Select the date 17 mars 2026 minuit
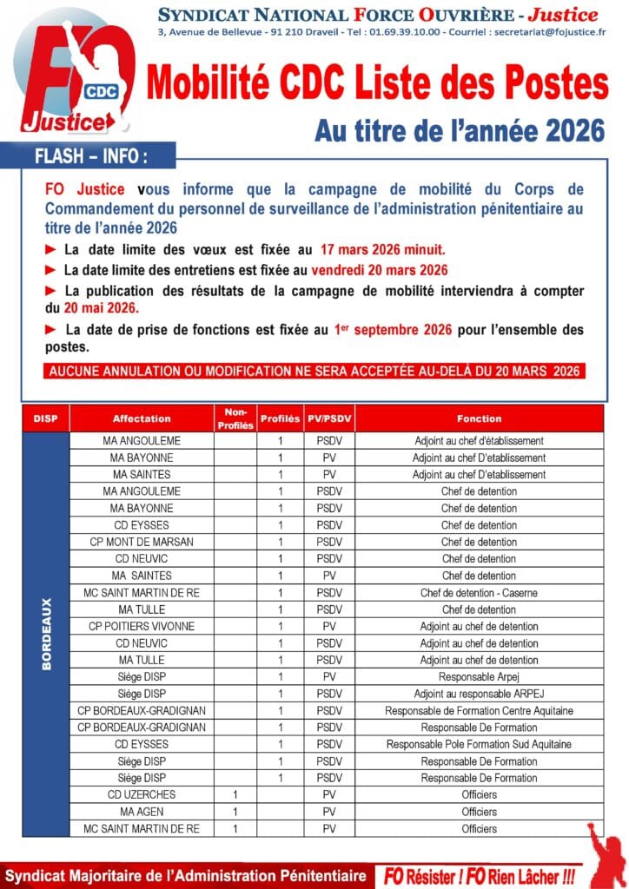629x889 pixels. pyautogui.click(x=383, y=249)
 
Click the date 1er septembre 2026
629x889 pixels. pyautogui.click(x=392, y=330)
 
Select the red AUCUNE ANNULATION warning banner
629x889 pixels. pyautogui.click(x=314, y=371)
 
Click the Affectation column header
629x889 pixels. pyautogui.click(x=142, y=418)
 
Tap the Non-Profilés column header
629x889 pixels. pyautogui.click(x=235, y=418)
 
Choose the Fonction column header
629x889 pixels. pyautogui.click(x=479, y=418)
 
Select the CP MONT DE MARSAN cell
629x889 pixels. pyautogui.click(x=142, y=542)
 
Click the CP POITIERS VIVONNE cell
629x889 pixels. pyautogui.click(x=142, y=626)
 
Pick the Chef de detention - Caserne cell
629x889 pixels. pyautogui.click(x=479, y=592)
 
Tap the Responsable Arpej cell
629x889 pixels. pyautogui.click(x=479, y=676)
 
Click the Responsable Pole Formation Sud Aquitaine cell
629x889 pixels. pyautogui.click(x=479, y=744)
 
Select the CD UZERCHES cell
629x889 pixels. pyautogui.click(x=142, y=794)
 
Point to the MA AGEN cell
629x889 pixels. pyautogui.click(x=142, y=812)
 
